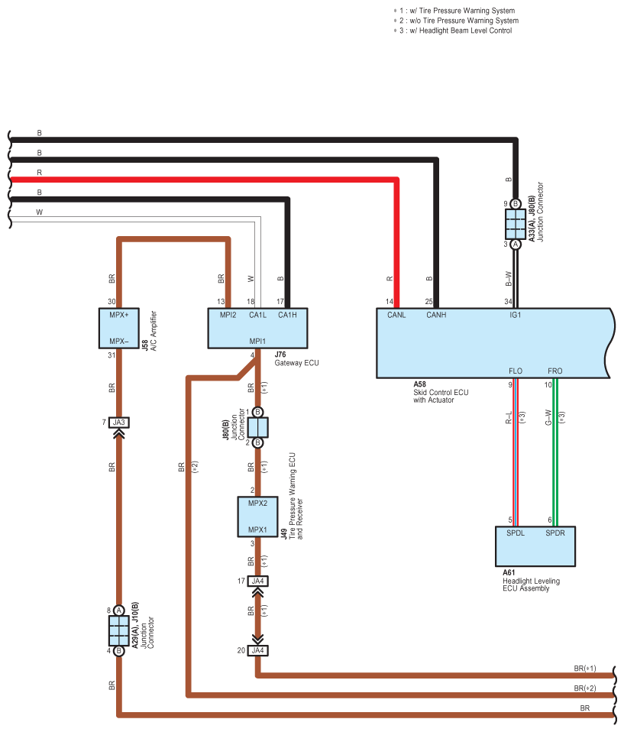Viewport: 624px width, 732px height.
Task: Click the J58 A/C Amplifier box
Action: (x=119, y=329)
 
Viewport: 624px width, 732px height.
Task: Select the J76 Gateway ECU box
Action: (x=257, y=329)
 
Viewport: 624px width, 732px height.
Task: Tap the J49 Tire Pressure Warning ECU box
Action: (x=257, y=517)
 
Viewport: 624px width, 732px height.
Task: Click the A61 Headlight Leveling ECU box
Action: (x=535, y=546)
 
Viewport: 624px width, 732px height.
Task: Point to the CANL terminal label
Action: (x=396, y=315)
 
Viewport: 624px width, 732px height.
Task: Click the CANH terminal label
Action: (x=436, y=315)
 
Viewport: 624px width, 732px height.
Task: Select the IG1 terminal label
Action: (x=516, y=315)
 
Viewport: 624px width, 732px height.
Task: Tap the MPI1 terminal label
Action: (x=257, y=342)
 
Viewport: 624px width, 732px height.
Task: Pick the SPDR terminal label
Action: (x=555, y=533)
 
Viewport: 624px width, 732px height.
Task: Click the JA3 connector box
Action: (x=119, y=423)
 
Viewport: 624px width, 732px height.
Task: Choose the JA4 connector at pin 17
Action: (x=257, y=581)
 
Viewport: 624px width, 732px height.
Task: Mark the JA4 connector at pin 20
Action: (x=257, y=650)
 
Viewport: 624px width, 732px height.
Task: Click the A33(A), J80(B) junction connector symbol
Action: (x=516, y=224)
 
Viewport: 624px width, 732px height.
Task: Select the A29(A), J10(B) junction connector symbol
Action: (x=119, y=630)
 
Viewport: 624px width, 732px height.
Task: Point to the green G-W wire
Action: (x=555, y=452)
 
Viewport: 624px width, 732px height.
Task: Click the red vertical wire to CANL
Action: (x=396, y=243)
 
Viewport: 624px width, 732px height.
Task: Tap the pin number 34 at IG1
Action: (x=508, y=302)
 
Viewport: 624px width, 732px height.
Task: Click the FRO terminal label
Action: (x=555, y=371)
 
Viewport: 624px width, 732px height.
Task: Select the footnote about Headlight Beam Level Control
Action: (x=453, y=31)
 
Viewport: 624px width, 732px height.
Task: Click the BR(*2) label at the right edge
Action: (x=585, y=688)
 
